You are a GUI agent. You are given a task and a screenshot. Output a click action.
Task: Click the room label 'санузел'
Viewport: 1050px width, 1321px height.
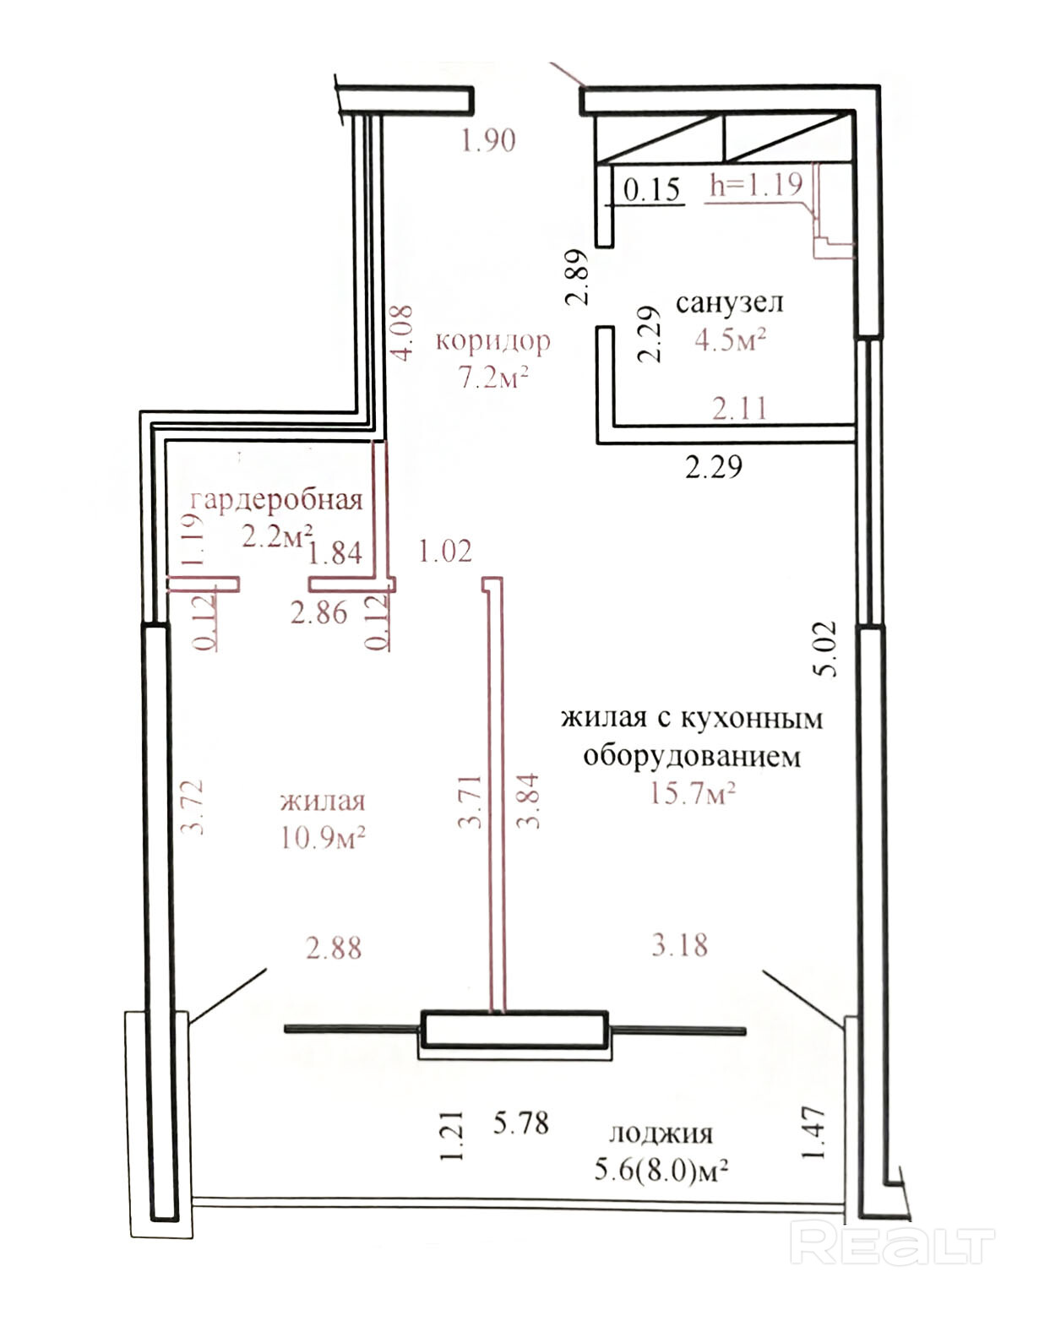(x=730, y=303)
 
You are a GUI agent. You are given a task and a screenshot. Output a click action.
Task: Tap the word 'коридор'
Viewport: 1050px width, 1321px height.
(x=492, y=341)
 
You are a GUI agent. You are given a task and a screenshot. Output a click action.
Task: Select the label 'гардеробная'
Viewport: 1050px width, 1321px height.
(x=276, y=502)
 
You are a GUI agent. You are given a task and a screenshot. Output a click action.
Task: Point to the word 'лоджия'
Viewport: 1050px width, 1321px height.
(x=661, y=1134)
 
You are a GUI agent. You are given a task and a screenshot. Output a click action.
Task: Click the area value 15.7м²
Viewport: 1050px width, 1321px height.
(x=693, y=793)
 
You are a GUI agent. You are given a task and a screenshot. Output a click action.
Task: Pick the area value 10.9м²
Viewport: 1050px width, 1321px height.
(x=323, y=837)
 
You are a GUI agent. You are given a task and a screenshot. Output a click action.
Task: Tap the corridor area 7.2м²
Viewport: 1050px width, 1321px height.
(x=493, y=377)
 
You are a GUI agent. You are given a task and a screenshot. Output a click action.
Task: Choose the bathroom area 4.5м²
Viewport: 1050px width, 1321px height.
(x=730, y=340)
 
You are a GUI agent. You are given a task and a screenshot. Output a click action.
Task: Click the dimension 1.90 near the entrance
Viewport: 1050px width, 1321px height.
(x=488, y=140)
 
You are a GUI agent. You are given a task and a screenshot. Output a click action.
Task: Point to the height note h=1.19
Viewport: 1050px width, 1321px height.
(x=756, y=184)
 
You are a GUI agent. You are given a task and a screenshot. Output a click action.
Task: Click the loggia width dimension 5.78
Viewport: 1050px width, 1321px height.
(x=520, y=1123)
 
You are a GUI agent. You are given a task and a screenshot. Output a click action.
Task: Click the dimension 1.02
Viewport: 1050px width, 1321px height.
(x=445, y=551)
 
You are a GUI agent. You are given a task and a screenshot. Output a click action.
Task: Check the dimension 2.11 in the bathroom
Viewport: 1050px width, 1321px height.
(x=739, y=408)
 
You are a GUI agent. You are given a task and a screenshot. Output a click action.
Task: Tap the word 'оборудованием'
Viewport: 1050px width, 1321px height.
(x=692, y=756)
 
